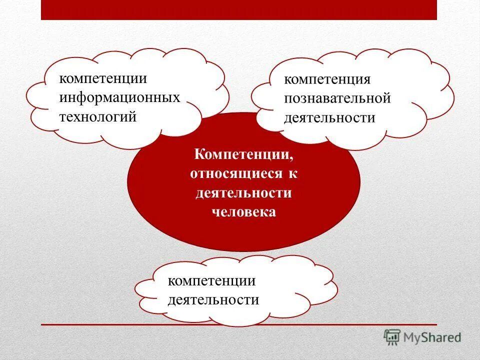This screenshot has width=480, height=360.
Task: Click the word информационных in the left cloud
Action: pyautogui.click(x=119, y=98)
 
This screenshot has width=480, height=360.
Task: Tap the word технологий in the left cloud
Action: pyautogui.click(x=98, y=117)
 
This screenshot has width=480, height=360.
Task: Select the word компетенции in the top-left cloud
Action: pyautogui.click(x=103, y=79)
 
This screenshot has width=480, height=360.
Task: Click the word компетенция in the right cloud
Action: pyautogui.click(x=327, y=80)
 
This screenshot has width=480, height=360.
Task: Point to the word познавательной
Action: pyautogui.click(x=337, y=98)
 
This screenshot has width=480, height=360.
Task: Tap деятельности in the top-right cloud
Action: pyautogui.click(x=329, y=118)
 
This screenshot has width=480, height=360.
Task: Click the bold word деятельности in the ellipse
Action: pyautogui.click(x=243, y=193)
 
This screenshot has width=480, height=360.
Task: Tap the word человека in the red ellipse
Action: pyautogui.click(x=243, y=212)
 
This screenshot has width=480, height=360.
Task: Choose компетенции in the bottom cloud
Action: pyautogui.click(x=211, y=281)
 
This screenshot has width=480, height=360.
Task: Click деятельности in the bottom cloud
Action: pyautogui.click(x=213, y=300)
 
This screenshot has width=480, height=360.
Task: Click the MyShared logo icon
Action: pyautogui.click(x=392, y=336)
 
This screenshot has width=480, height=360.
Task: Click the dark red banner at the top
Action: pyautogui.click(x=239, y=10)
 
